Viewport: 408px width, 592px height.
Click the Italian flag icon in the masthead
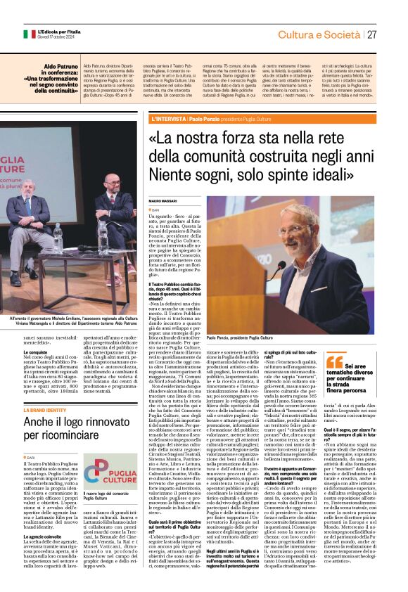click(x=29, y=34)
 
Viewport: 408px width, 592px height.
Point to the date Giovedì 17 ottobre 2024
click(x=56, y=37)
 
